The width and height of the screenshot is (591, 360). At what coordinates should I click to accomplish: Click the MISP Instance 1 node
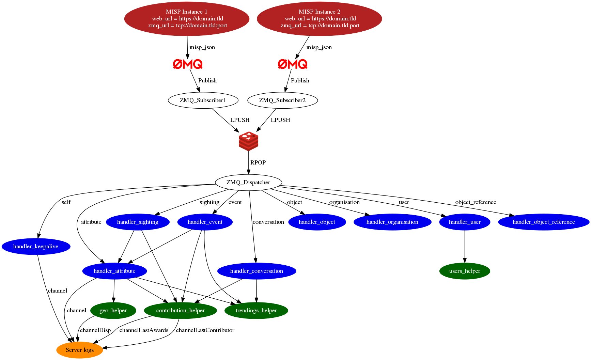(187, 19)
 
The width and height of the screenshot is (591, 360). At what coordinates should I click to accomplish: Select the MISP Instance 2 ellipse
(319, 19)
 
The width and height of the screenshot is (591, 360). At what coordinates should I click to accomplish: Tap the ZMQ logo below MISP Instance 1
(188, 64)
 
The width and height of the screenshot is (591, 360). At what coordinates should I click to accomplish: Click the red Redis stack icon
(248, 141)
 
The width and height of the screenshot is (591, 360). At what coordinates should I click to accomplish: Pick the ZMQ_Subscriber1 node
(203, 100)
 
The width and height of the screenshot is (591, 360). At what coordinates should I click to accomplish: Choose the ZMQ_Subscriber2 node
(282, 100)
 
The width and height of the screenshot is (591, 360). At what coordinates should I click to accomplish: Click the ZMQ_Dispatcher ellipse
(248, 183)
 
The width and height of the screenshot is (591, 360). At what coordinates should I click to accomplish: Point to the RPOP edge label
(258, 163)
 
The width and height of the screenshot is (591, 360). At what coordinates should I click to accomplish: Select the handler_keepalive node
(36, 247)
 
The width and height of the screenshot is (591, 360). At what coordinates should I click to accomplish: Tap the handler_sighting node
(138, 222)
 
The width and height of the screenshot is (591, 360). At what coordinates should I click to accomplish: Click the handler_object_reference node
(543, 222)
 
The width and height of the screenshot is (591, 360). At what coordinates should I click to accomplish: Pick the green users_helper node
(465, 271)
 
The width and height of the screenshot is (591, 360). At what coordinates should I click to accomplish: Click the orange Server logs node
(80, 350)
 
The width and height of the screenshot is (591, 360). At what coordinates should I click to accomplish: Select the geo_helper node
(113, 311)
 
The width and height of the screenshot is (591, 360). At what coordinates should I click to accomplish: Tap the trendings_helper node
(256, 311)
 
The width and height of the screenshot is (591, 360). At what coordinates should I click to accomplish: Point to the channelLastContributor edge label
(205, 330)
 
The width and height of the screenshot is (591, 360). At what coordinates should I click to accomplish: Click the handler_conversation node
(256, 271)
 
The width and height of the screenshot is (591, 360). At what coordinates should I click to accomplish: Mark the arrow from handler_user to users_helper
(465, 247)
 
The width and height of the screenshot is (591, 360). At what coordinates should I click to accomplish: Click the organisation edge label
(344, 202)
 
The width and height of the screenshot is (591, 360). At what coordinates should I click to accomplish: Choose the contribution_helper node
(180, 311)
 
